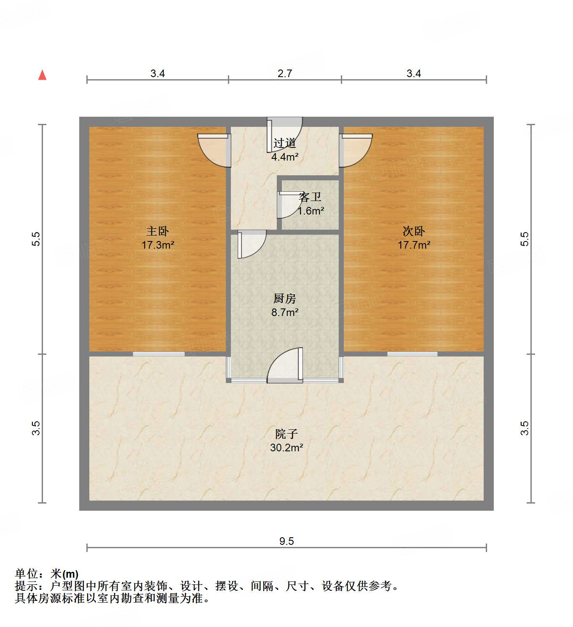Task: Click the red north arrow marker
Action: coord(42,75)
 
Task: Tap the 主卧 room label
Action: coord(158,231)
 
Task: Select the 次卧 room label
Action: coord(414,231)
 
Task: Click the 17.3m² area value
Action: coord(158,245)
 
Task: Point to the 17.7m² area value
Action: coord(414,245)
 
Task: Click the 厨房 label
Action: coord(285,298)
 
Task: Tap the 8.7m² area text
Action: coord(285,312)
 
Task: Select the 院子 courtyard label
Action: coord(286,434)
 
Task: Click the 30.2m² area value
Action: coord(286,447)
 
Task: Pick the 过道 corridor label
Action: coord(285,143)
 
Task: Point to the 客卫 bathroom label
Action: coord(311,197)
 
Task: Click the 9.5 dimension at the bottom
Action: coord(286,541)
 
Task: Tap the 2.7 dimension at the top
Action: coord(285,73)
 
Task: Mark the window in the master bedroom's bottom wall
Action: coord(159,354)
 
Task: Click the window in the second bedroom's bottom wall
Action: coord(412,354)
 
